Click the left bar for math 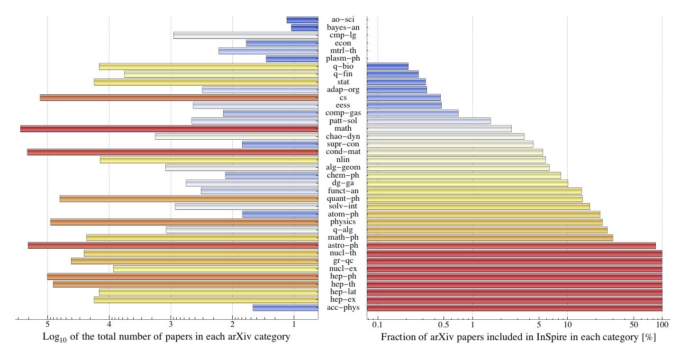(169, 128)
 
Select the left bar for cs (179, 98)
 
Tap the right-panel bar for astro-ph (511, 245)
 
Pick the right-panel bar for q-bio (387, 66)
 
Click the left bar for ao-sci (302, 20)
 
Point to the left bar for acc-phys (285, 308)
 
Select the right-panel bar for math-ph (490, 237)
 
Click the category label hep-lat (343, 292)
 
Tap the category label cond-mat (343, 152)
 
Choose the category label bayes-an (343, 27)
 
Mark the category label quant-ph (343, 198)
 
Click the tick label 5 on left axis (47, 325)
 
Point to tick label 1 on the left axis (294, 325)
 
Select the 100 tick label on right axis (662, 325)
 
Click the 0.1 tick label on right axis (377, 325)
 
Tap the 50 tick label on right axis (634, 325)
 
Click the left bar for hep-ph (182, 276)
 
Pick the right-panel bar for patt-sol (428, 121)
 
